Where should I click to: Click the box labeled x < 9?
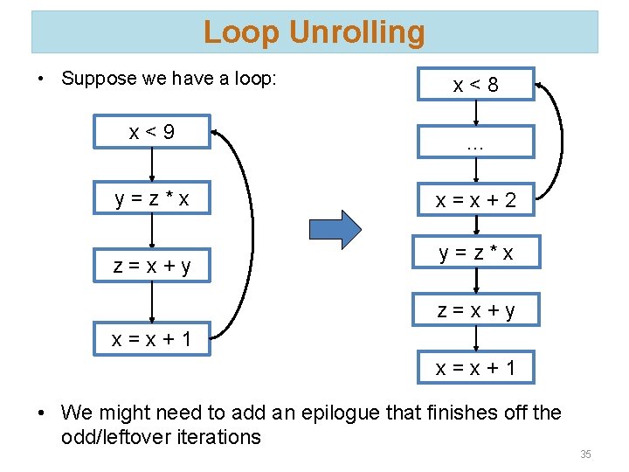[x=152, y=132]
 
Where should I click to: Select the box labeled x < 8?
[x=475, y=85]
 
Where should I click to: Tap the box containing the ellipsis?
[x=475, y=142]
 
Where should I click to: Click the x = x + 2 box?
[x=475, y=200]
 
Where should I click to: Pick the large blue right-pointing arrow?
[x=335, y=230]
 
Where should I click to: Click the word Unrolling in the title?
[x=356, y=32]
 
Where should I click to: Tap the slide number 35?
[x=585, y=455]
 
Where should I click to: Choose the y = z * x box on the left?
[x=152, y=200]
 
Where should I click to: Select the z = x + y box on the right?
[x=475, y=309]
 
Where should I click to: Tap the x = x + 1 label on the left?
[x=152, y=339]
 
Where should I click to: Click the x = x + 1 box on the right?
[x=475, y=368]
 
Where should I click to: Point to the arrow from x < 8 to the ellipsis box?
[x=475, y=114]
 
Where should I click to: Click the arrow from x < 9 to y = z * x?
[x=152, y=166]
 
